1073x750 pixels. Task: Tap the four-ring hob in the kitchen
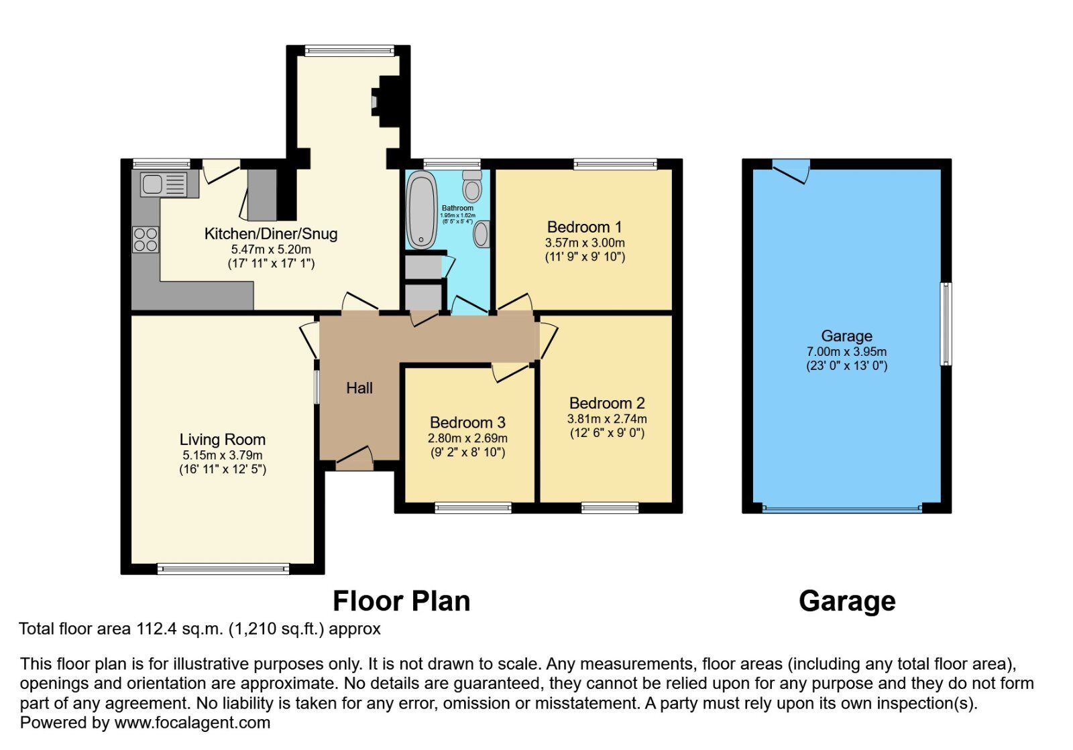tap(146, 239)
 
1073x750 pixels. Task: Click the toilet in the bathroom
tap(472, 186)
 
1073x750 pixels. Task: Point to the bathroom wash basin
tap(481, 234)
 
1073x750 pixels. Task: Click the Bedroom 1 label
tap(584, 227)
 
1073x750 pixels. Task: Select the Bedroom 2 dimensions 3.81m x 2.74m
tap(607, 419)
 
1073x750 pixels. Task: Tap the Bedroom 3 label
tap(467, 423)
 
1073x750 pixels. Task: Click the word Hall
tap(359, 388)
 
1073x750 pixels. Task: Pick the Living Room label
tap(222, 440)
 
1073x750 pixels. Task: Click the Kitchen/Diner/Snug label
tap(270, 234)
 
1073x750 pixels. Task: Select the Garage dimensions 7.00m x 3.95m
tap(846, 352)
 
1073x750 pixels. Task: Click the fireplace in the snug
tap(386, 101)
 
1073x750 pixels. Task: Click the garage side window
tap(946, 324)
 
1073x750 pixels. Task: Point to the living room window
tap(223, 569)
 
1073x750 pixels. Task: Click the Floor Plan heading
tap(401, 601)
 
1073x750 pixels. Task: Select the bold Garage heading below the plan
tap(846, 601)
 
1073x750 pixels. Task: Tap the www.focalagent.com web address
tap(192, 723)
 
